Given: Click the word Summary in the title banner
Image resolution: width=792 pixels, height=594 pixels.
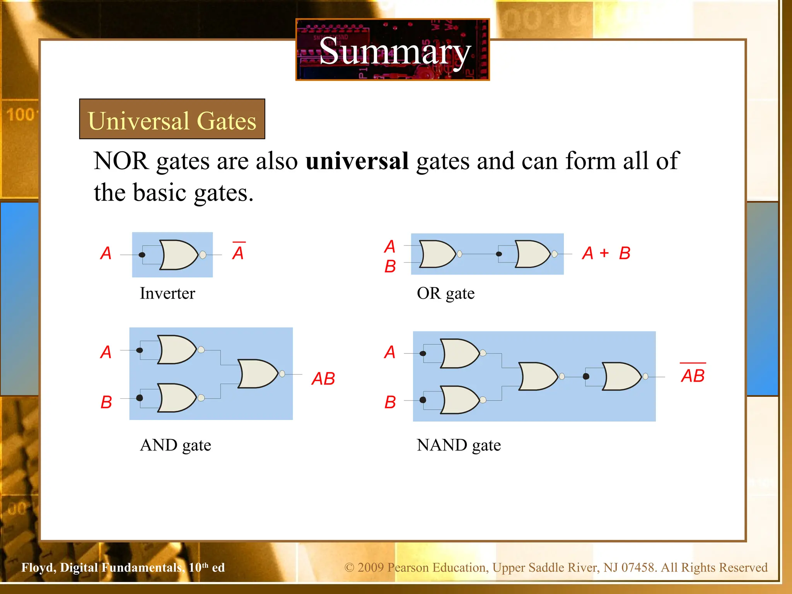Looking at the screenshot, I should [x=394, y=51].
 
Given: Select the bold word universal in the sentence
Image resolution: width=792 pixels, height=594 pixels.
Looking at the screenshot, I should [x=357, y=161].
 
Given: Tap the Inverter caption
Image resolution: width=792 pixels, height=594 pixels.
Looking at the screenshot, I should [x=167, y=293].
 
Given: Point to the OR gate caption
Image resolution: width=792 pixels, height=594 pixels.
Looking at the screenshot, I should [x=445, y=293].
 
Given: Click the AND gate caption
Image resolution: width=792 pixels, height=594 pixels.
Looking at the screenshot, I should [x=176, y=445].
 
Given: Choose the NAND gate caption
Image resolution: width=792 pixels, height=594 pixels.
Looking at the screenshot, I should [x=459, y=445].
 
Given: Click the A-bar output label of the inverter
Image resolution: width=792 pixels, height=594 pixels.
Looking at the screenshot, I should [x=238, y=252].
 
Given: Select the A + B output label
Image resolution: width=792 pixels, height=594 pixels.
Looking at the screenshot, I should [x=606, y=253].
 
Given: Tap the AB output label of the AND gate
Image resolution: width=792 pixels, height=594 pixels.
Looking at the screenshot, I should [x=323, y=379].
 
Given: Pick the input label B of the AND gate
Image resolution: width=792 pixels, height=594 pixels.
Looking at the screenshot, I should [x=106, y=402].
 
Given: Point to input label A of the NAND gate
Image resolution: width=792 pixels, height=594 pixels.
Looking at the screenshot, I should [x=390, y=352].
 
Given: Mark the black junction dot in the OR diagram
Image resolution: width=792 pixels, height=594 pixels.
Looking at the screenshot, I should [x=499, y=254].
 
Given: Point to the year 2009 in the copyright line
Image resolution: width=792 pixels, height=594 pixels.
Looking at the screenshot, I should [x=370, y=567].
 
